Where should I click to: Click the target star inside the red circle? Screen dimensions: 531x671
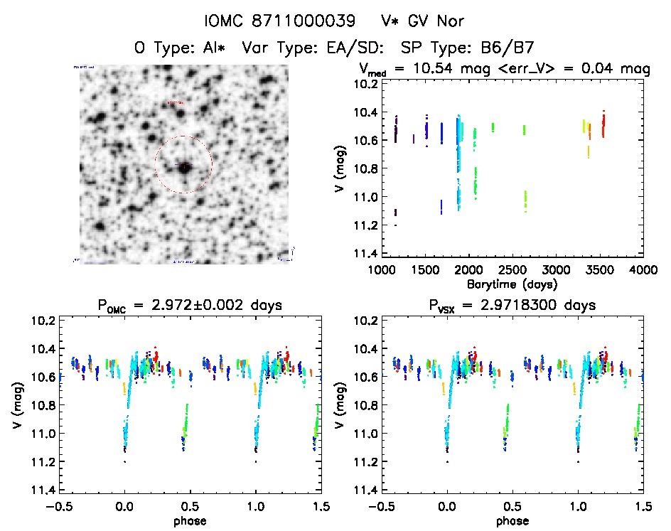pos(184,166)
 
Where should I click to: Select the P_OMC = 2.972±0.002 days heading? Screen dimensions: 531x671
pos(190,305)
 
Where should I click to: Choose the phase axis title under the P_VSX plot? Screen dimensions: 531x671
pos(512,520)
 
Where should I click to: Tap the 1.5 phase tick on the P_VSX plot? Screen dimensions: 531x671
pos(643,506)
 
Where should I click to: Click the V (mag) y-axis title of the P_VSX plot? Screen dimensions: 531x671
pos(340,405)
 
